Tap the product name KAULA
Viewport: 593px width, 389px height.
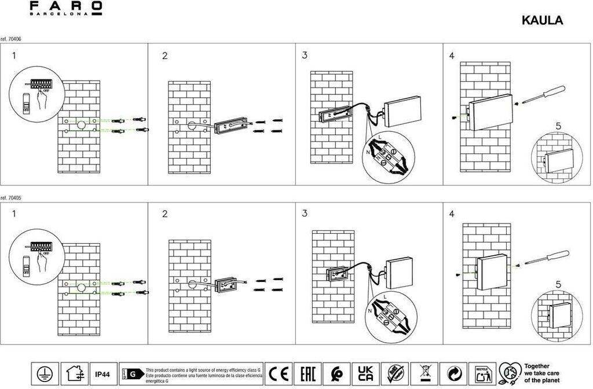[x=542, y=20]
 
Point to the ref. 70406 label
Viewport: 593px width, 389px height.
[x=12, y=39]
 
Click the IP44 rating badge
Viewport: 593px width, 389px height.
[x=103, y=373]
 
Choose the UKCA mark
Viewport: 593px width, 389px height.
[x=365, y=373]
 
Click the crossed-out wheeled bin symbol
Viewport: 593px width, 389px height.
[x=426, y=373]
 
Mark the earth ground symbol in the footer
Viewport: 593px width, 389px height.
[x=43, y=373]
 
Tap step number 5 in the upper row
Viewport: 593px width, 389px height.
[x=558, y=126]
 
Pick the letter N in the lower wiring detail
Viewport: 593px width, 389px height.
[x=369, y=310]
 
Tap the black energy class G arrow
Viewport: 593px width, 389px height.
[x=134, y=374]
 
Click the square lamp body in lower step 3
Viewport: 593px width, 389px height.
[x=400, y=273]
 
